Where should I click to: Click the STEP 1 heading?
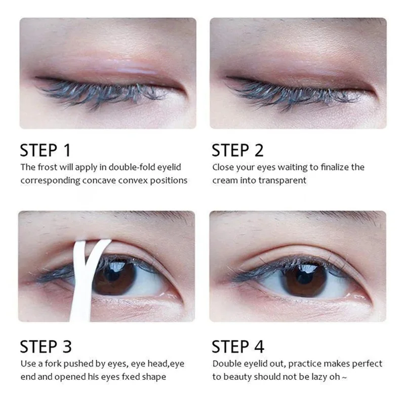[x=46, y=150]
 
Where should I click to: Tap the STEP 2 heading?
[x=237, y=150]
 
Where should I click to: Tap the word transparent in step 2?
[x=285, y=180]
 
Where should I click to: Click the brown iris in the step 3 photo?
[x=114, y=276]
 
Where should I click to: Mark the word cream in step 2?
[x=224, y=180]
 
